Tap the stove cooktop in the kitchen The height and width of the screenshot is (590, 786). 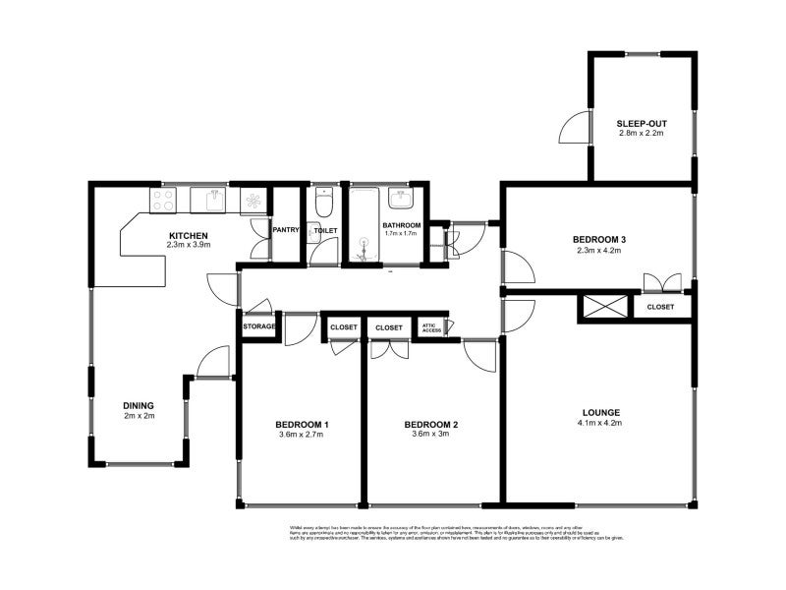click(x=163, y=200)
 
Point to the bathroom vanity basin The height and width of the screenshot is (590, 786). click(x=401, y=200)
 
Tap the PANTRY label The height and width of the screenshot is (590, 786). click(x=286, y=230)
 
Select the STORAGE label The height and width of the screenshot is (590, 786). click(x=259, y=325)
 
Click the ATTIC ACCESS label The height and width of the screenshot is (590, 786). click(x=430, y=327)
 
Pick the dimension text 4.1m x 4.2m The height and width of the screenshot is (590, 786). click(x=599, y=423)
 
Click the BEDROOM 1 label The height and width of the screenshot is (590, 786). click(x=302, y=424)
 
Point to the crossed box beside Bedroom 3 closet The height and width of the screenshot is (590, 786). click(x=601, y=306)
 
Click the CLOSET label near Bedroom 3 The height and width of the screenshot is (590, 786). click(x=661, y=307)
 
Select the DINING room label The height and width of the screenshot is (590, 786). click(x=139, y=405)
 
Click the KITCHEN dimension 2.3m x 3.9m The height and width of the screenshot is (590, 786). click(x=188, y=245)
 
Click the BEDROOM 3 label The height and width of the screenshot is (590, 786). click(x=599, y=240)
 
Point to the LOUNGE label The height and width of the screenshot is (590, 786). click(x=599, y=412)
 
